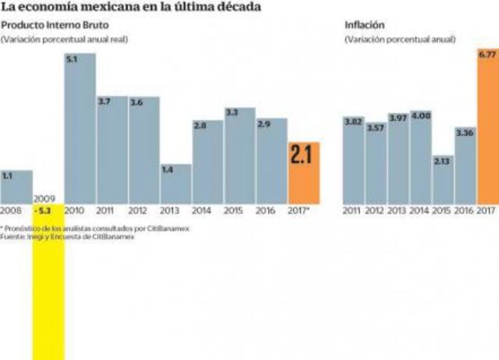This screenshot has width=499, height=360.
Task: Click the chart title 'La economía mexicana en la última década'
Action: click(131, 8)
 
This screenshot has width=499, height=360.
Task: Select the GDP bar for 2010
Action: click(80, 128)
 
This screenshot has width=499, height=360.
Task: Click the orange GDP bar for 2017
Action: click(303, 173)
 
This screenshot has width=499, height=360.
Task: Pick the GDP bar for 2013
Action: click(176, 184)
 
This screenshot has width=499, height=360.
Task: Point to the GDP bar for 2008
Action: click(16, 187)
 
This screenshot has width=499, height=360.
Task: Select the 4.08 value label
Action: click(421, 115)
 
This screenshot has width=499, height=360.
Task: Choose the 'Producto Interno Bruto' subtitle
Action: click(55, 26)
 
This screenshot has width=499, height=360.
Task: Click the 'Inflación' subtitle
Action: click(364, 26)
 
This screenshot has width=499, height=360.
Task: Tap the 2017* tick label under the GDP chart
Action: click(299, 210)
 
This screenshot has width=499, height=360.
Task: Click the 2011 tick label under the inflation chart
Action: click(352, 210)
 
